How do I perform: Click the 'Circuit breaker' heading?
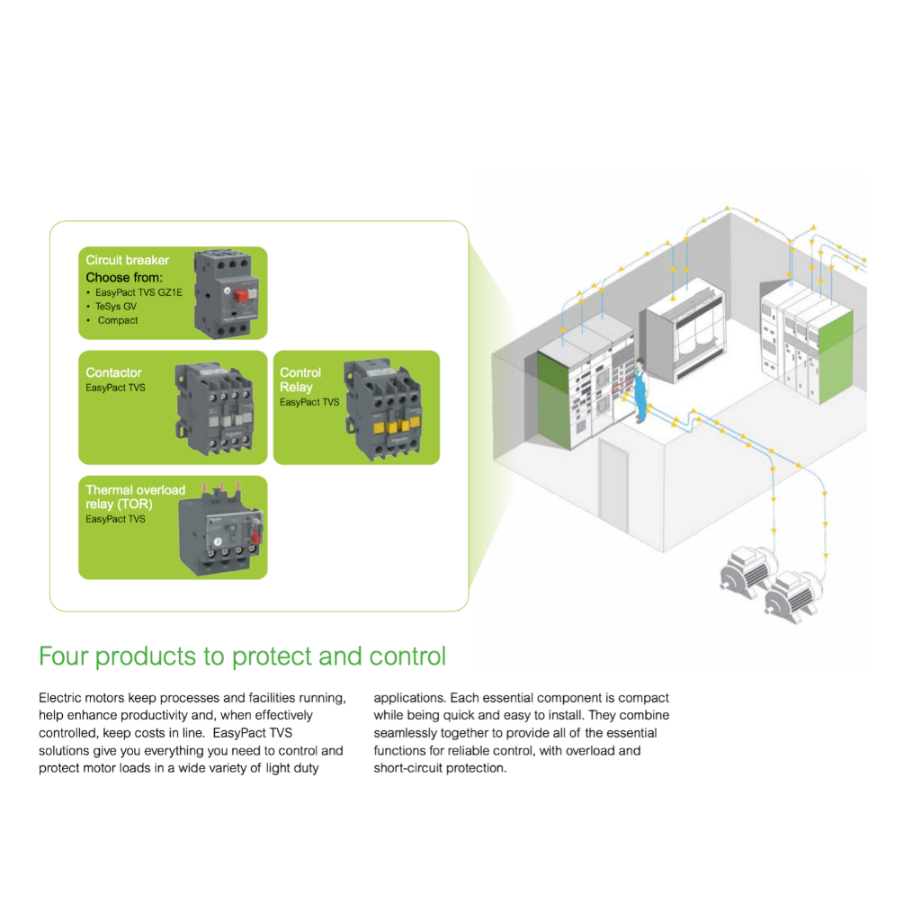pos(128,260)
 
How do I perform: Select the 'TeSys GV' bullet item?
pos(116,307)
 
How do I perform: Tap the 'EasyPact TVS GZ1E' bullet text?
pos(139,292)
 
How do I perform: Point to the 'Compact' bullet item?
pos(118,321)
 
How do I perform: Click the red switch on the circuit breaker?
pos(241,295)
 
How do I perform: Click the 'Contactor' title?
pos(113,372)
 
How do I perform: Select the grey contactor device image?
pos(215,407)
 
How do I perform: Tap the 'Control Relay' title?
pos(300,380)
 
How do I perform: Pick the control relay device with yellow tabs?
pos(383,408)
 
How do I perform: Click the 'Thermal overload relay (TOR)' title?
pos(135,496)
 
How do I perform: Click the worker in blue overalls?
pos(640,390)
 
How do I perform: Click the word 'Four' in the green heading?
pos(64,656)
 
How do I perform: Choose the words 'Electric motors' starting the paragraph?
pos(82,698)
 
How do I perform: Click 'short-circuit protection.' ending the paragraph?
pos(440,768)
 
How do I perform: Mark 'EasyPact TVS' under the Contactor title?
pos(115,388)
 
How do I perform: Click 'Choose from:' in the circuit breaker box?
pos(124,277)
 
